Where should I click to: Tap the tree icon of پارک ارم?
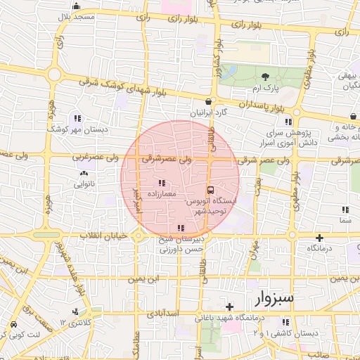[x=265, y=76]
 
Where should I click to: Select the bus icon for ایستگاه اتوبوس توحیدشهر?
[x=210, y=189]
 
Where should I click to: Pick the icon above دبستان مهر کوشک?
[x=77, y=118]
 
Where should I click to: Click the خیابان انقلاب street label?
[x=105, y=235]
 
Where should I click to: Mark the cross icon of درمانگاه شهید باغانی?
[x=229, y=307]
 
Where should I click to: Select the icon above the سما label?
[x=345, y=210]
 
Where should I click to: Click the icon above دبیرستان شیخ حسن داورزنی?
[x=181, y=228]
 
